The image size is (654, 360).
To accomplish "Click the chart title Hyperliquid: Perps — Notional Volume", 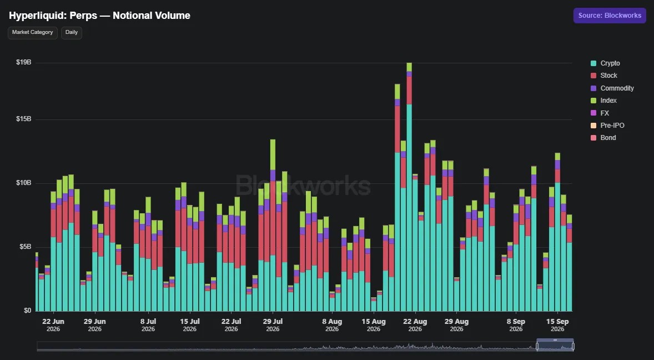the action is pos(100,16).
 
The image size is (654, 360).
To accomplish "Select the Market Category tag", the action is pos(33,33).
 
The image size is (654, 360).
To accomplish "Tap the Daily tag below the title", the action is pos(71,33).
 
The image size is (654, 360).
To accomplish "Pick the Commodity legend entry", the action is pos(612,88).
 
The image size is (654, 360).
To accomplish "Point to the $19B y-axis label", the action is pos(24,62).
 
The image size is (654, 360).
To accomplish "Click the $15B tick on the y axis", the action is pos(24,119).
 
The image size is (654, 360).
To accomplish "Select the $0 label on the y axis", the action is pos(27,311).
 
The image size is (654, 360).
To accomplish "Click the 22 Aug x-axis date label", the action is pos(415,325).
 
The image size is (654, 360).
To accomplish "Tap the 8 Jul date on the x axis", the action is pos(148,325).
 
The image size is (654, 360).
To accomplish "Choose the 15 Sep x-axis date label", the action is pos(557,325).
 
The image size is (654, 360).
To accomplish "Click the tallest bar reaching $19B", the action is pos(409,187).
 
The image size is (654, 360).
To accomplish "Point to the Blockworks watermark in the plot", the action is pos(303,185).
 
